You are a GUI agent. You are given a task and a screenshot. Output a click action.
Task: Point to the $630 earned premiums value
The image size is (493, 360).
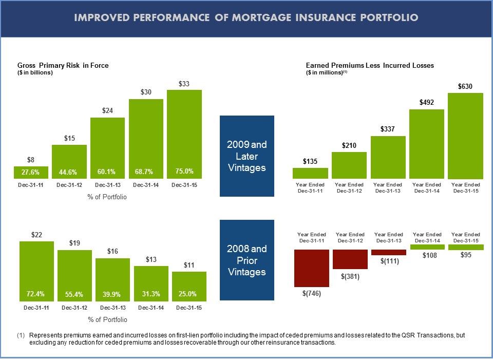click(465, 87)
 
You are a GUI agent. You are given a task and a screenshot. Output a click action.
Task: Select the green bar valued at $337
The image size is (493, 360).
click(388, 157)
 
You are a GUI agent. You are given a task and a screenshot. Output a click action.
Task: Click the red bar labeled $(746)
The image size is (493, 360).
click(311, 268)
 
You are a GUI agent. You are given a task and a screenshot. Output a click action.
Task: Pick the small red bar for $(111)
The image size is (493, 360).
click(388, 252)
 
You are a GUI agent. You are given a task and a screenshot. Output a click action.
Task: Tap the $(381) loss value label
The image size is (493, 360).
click(350, 276)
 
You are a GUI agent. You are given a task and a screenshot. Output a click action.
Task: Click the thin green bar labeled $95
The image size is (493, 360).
click(465, 247)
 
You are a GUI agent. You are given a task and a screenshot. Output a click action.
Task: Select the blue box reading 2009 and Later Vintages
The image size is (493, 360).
click(246, 156)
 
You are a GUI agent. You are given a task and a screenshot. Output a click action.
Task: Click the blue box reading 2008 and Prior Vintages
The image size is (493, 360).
click(246, 260)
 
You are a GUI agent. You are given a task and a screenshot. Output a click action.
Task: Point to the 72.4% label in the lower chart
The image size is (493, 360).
click(36, 294)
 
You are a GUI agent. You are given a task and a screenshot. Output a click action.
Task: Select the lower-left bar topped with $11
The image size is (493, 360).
click(189, 286)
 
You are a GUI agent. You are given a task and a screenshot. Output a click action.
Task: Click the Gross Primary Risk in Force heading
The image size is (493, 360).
click(63, 66)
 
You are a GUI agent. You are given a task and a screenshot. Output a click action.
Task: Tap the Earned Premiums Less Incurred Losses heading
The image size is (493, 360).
click(370, 66)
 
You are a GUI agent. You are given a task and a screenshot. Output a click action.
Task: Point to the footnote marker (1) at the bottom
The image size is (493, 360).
click(21, 335)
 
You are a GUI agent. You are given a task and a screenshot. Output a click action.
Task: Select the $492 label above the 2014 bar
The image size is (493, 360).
click(427, 103)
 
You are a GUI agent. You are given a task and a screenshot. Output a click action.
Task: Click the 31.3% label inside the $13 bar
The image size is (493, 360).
click(151, 294)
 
